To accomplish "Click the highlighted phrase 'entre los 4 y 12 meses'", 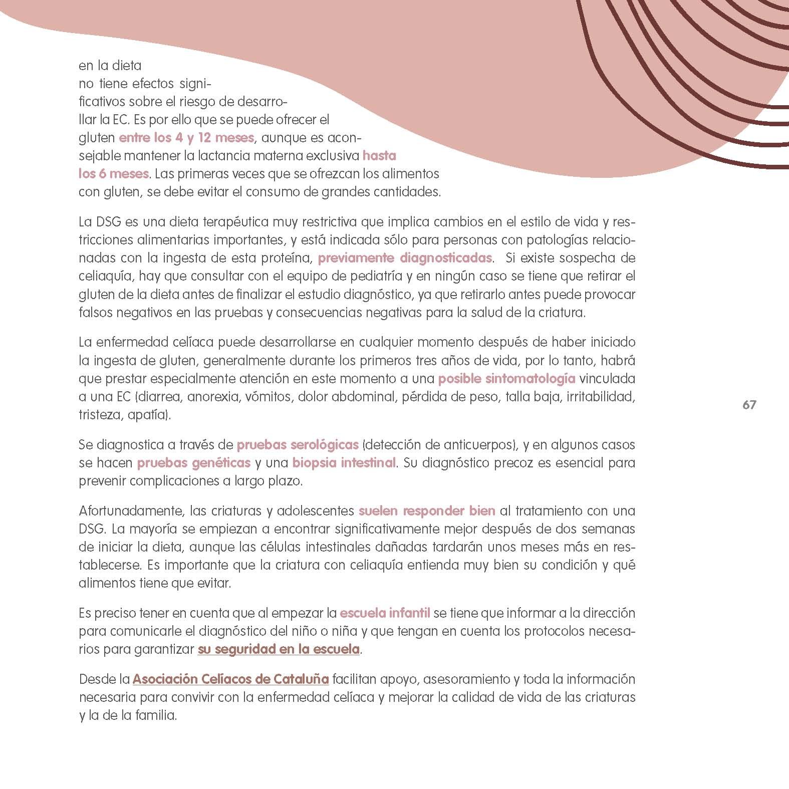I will coord(186,138).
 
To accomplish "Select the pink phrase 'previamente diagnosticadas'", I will coord(405,258).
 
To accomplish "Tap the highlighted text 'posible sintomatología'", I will coord(506,379).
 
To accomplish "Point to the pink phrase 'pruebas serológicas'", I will coord(298,445).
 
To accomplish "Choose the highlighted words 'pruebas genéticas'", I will coord(193,463).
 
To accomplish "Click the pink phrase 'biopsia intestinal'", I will coord(344,463).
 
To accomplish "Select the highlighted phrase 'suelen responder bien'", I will coord(427,511).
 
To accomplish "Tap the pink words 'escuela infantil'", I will coord(385,613).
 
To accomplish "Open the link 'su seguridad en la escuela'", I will coord(279,649).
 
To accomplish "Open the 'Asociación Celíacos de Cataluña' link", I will coord(230,680).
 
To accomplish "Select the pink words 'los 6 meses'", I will coord(114,174).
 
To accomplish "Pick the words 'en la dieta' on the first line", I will coord(110,66).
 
